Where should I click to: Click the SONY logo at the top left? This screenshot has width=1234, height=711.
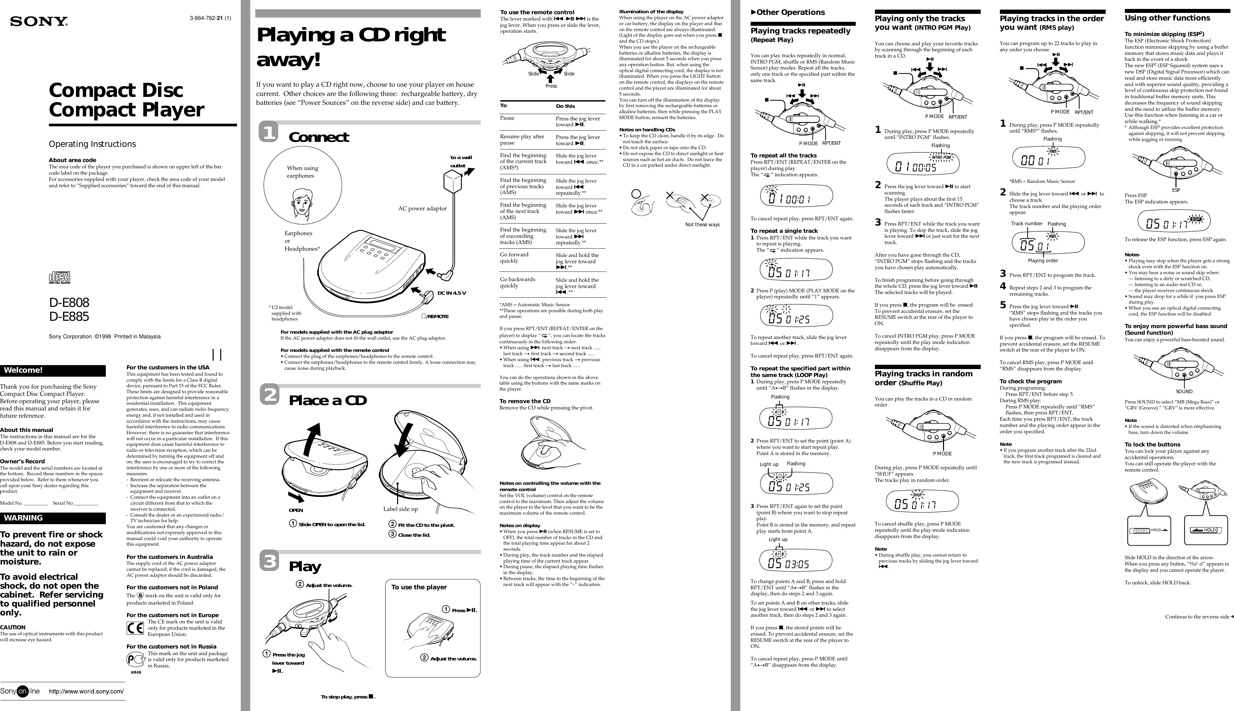39,21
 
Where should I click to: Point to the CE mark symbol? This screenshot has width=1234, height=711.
135,627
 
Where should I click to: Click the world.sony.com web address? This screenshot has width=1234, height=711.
86,691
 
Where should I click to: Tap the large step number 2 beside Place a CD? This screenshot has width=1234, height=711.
270,395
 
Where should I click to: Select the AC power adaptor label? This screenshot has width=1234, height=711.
422,209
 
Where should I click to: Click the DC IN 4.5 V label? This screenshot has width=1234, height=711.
452,293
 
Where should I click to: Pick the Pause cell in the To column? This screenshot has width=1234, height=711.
507,118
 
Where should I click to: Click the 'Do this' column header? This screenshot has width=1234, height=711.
565,106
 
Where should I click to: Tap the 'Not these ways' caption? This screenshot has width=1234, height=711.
702,225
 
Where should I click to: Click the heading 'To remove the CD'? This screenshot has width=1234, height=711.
525,401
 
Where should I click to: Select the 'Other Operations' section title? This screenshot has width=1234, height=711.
790,12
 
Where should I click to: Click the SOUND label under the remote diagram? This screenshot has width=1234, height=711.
1184,392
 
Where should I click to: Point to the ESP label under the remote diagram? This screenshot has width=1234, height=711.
1176,190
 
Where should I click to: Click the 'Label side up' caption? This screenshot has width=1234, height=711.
400,509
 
